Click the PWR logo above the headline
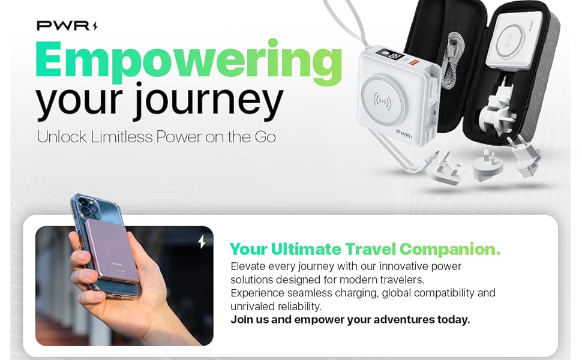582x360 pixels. [x=67, y=26]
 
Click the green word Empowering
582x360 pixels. [x=188, y=62]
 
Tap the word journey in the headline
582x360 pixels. [x=208, y=101]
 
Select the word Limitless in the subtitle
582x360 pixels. [x=122, y=137]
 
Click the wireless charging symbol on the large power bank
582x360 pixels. [x=382, y=101]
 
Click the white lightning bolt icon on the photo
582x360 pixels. [x=202, y=242]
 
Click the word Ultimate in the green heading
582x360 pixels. [x=306, y=249]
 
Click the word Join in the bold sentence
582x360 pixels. [x=242, y=320]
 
